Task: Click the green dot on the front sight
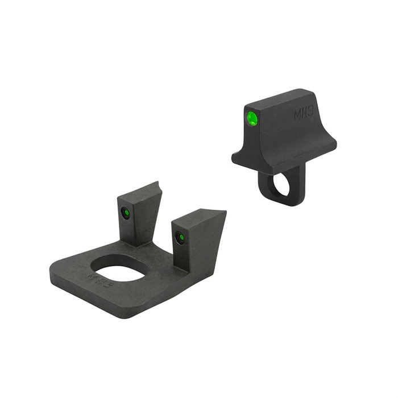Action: click(252, 118)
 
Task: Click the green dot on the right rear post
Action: click(180, 237)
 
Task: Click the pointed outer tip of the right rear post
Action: click(225, 212)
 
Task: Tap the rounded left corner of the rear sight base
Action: click(55, 273)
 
